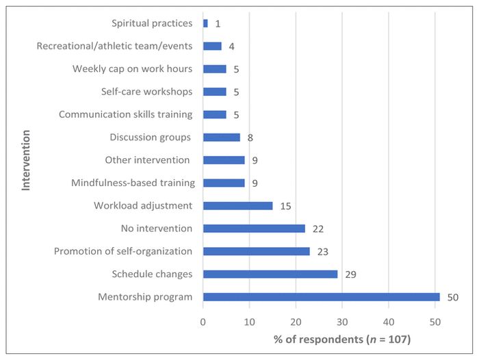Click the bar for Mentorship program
(x=322, y=297)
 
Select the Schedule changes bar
(x=270, y=274)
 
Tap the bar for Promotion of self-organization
(x=257, y=251)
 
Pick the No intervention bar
(x=254, y=229)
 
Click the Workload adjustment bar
(x=237, y=206)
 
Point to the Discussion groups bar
(x=222, y=138)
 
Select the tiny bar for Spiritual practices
(x=205, y=23)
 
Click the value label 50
(x=452, y=297)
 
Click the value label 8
(x=250, y=138)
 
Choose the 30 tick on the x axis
(x=342, y=320)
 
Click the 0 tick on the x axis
(x=203, y=320)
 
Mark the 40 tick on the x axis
(x=389, y=320)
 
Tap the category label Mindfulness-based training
(x=133, y=183)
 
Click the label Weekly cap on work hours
(x=132, y=68)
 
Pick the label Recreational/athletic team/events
(x=114, y=46)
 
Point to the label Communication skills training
(x=125, y=114)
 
